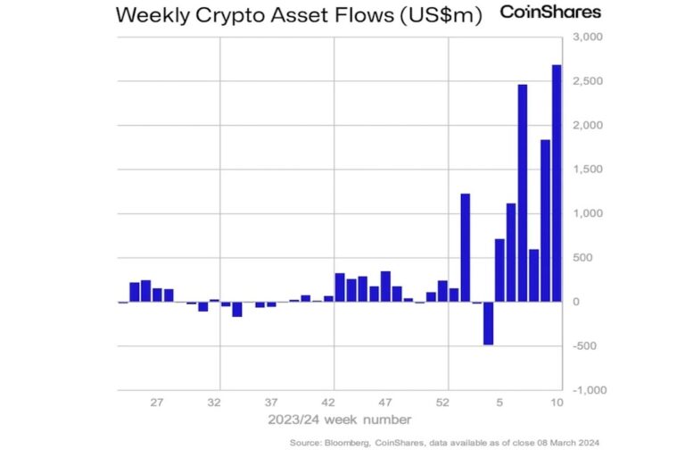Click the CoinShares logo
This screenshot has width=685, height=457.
550,12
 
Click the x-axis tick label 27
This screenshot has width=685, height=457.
157,403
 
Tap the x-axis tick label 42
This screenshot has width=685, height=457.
329,403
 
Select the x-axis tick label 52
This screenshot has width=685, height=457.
443,403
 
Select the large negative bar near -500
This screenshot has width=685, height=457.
489,323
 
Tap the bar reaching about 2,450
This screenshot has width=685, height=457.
523,193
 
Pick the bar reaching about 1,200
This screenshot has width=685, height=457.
466,248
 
